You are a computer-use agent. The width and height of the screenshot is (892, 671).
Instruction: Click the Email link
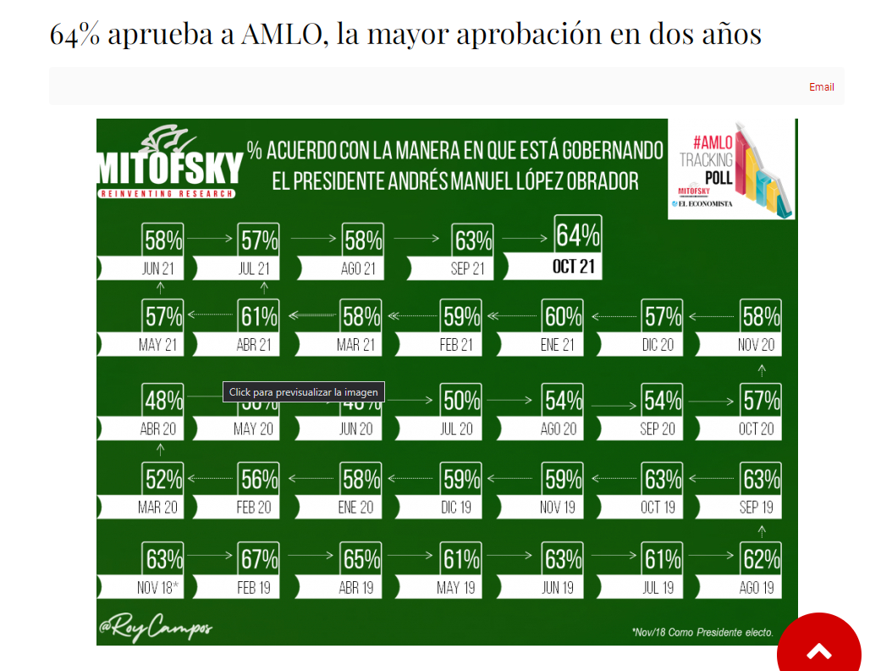[x=821, y=87]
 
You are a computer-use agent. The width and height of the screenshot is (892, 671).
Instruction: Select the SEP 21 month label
[x=467, y=269]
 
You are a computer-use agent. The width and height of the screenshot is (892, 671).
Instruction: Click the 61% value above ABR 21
[x=258, y=317]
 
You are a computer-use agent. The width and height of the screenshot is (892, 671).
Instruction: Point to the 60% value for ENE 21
[x=563, y=317]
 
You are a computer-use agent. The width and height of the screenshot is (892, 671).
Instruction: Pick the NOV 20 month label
[x=756, y=345]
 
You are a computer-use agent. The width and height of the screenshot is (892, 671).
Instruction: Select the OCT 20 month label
[x=756, y=429]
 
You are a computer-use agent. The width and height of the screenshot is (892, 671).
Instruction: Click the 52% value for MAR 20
[x=162, y=480]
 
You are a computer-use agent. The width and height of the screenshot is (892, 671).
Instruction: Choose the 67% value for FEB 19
[x=258, y=559]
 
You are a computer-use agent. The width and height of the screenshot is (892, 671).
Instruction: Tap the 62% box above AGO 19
[x=760, y=559]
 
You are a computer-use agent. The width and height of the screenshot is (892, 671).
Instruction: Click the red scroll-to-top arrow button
[x=818, y=651]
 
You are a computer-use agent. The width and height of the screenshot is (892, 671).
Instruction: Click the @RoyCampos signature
[x=156, y=629]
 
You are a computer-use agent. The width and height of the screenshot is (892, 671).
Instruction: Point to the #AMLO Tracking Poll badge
[x=731, y=169]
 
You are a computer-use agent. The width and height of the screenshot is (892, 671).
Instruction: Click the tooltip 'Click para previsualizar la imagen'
[x=304, y=392]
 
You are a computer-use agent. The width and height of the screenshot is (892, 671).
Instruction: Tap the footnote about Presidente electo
[x=702, y=632]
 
